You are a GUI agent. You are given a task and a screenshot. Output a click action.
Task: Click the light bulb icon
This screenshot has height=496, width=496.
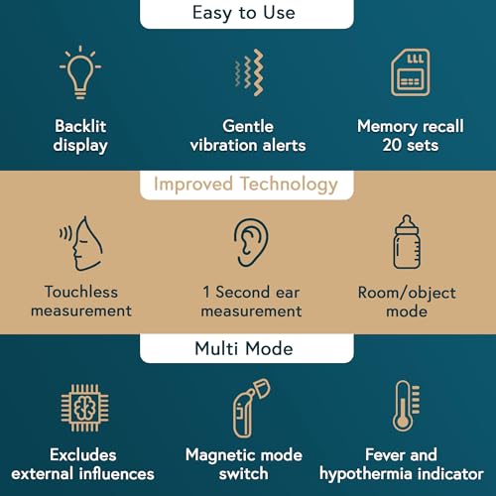pyautogui.click(x=80, y=77)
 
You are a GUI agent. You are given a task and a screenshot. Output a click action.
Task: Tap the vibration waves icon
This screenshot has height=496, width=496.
pyautogui.click(x=250, y=72)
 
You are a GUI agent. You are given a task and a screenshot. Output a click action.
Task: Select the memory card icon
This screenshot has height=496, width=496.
pyautogui.click(x=411, y=72)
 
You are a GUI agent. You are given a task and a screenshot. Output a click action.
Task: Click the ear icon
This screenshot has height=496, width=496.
pyautogui.click(x=251, y=242)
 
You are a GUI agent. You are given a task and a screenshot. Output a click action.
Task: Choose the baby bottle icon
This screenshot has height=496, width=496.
pyautogui.click(x=407, y=242)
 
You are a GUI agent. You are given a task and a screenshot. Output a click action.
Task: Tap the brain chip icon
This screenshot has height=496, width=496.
pyautogui.click(x=84, y=408)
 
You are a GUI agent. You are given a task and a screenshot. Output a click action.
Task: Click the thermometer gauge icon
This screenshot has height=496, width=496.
pyautogui.click(x=406, y=406)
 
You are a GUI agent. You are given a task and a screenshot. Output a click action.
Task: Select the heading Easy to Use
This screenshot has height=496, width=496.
pyautogui.click(x=244, y=13)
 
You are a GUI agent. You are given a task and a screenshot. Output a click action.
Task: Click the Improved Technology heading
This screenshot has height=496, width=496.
pyautogui.click(x=246, y=185)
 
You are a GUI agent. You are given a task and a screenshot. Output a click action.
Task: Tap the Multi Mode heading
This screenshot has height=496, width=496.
pyautogui.click(x=244, y=348)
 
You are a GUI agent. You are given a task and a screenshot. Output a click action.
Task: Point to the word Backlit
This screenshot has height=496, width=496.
pyautogui.click(x=80, y=126)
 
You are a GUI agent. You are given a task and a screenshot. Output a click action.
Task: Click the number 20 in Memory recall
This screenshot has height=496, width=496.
pyautogui.click(x=392, y=145)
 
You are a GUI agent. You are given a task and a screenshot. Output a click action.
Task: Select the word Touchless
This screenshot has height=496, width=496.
pyautogui.click(x=81, y=292)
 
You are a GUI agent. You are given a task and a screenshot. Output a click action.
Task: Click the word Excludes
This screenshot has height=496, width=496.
pyautogui.click(x=83, y=454)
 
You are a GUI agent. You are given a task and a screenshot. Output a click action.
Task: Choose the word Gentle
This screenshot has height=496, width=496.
pyautogui.click(x=248, y=126)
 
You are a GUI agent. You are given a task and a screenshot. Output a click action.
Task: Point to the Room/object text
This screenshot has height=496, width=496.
pyautogui.click(x=407, y=293)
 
